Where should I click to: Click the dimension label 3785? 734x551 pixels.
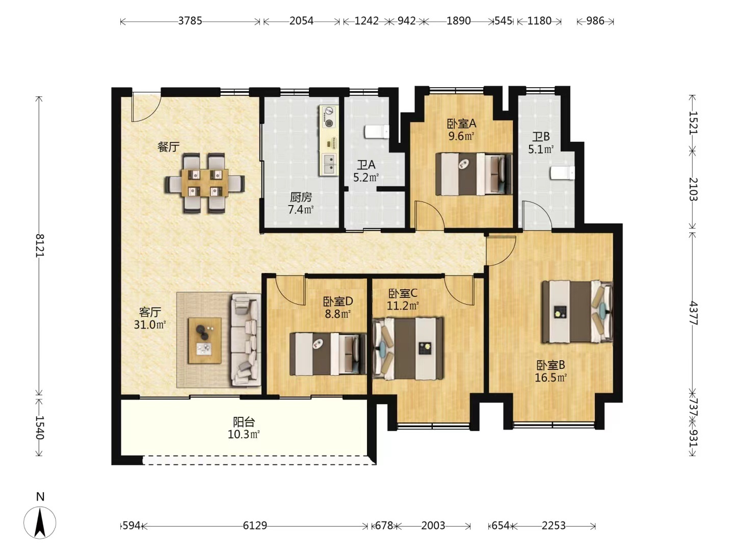point(190,21)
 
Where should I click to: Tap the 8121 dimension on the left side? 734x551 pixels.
point(39,246)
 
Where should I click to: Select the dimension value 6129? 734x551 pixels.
point(255,525)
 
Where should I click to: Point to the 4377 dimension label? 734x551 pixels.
point(693,313)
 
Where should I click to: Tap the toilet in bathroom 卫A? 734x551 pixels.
point(377,132)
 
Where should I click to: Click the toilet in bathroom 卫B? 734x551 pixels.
point(562,173)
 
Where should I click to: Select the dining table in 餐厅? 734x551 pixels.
point(204,183)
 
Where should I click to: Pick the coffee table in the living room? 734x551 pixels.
point(204,341)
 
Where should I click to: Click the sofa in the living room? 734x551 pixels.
point(246,340)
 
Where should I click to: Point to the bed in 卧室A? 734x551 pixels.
point(474,174)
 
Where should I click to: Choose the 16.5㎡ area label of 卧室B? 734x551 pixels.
point(550,378)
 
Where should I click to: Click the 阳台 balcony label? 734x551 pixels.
point(244,422)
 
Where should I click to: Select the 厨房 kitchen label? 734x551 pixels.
point(301,197)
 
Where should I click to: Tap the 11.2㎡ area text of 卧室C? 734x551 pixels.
point(403,306)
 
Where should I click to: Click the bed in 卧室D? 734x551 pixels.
point(328,354)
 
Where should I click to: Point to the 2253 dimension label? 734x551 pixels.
point(554,525)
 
